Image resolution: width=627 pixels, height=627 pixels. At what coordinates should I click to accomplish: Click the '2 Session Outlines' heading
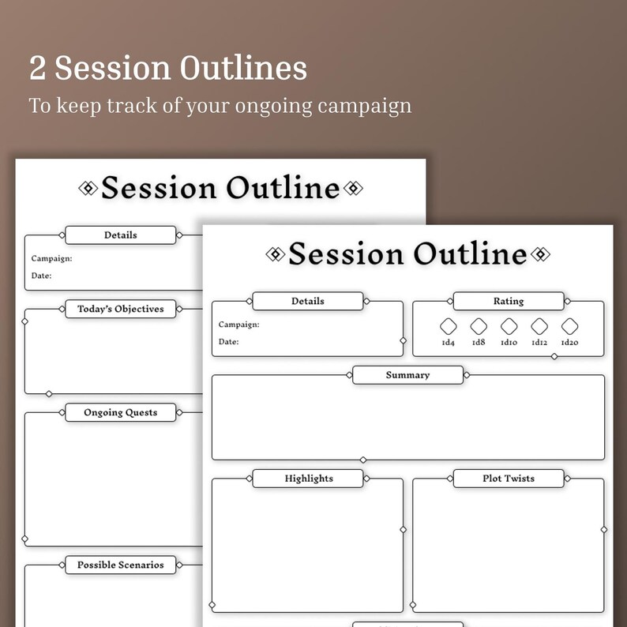168,69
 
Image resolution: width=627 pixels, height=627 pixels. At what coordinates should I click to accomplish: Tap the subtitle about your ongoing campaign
220,105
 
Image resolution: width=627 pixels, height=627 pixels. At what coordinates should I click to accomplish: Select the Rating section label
509,301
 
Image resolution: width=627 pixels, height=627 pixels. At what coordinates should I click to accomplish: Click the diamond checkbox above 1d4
448,326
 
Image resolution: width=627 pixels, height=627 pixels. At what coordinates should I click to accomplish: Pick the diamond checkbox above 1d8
479,326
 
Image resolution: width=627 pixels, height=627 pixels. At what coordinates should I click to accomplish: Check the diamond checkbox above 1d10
509,326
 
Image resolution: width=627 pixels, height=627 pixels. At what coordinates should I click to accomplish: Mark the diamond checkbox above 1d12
539,326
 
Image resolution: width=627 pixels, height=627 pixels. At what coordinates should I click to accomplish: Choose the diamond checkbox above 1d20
570,326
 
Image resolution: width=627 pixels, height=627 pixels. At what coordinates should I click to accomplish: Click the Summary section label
407,375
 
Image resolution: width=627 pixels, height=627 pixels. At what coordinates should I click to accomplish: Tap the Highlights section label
309,479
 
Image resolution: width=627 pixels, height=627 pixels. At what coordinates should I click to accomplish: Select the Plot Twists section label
509,479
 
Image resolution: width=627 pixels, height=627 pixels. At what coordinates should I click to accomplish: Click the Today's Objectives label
121,309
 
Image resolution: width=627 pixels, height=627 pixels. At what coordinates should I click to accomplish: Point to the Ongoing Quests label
121,412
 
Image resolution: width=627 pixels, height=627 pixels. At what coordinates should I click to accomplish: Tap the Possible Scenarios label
121,565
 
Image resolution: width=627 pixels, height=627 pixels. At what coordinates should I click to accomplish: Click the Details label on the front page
308,301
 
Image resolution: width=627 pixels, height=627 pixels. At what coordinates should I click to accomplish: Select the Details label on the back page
121,235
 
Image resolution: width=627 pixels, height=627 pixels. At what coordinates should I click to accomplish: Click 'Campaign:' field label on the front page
239,325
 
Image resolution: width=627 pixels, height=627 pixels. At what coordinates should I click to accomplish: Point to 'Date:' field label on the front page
229,342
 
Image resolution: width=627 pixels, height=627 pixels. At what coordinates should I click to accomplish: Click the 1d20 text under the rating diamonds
570,343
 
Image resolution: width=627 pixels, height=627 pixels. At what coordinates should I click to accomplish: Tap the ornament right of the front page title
540,253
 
